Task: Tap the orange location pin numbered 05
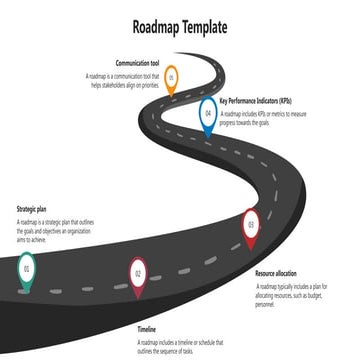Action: click(x=171, y=78)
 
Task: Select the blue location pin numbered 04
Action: click(x=207, y=115)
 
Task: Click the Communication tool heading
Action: click(x=137, y=63)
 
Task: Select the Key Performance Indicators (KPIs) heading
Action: click(x=256, y=101)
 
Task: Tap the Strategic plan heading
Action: click(x=32, y=210)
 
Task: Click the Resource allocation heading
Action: click(x=276, y=273)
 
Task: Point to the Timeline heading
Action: click(x=147, y=328)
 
